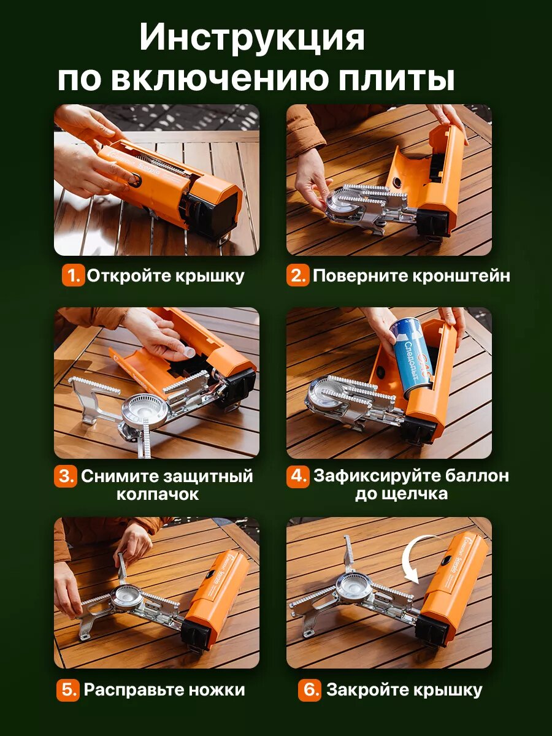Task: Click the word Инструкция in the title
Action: point(252,38)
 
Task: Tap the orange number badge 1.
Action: point(72,275)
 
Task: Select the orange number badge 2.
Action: point(297,275)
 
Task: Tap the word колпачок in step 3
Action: point(158,494)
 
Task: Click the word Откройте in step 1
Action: point(129,276)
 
